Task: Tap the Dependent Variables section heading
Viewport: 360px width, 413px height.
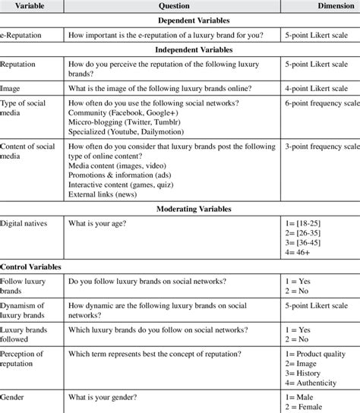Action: click(x=179, y=21)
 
